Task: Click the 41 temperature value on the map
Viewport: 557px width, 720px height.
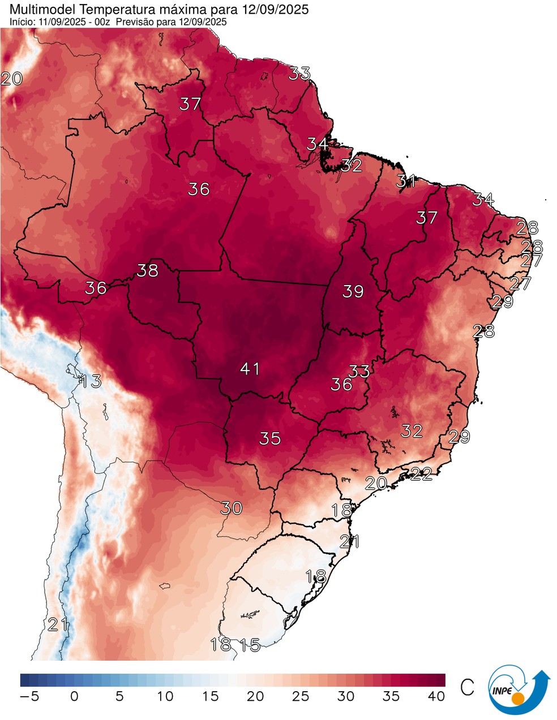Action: [x=250, y=369]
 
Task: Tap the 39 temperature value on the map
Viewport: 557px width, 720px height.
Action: [x=353, y=291]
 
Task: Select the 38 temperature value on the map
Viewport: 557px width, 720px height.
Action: [x=147, y=270]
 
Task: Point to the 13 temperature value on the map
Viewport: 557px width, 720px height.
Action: [x=90, y=381]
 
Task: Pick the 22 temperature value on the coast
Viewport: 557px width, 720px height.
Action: [x=421, y=474]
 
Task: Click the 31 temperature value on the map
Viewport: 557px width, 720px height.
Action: [x=406, y=182]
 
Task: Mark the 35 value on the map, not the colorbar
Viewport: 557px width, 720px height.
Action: [x=270, y=438]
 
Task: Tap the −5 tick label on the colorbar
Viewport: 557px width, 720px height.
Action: [x=29, y=696]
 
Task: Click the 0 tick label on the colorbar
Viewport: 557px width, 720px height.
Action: [x=74, y=696]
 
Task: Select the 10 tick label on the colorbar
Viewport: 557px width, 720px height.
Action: [x=164, y=696]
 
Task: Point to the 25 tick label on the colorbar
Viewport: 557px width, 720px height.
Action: [x=300, y=696]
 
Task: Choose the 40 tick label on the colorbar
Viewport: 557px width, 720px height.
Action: [x=436, y=696]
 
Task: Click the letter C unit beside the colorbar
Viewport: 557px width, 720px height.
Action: [x=467, y=687]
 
